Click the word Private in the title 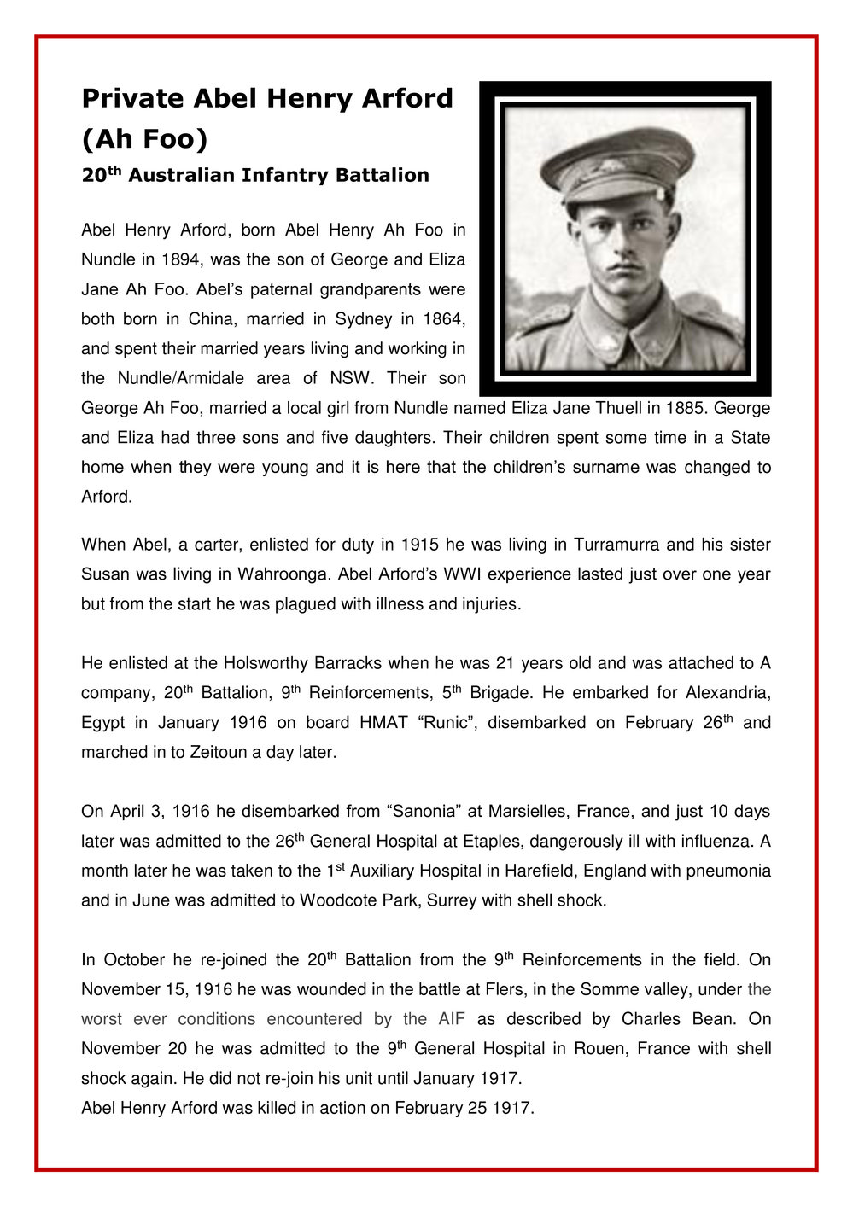133,99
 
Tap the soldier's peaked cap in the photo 616,162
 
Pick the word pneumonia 728,871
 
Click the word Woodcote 332,900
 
